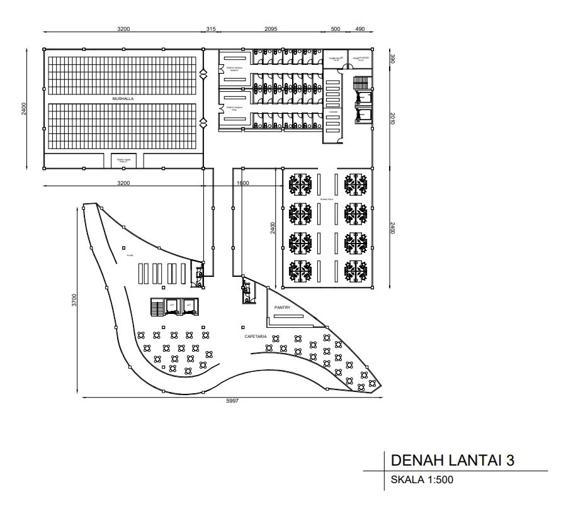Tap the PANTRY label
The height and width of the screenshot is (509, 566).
tap(282, 307)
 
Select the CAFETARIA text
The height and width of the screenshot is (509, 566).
tap(256, 337)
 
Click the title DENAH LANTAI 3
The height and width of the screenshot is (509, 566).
tap(453, 460)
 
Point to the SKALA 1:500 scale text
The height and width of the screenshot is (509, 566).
tap(422, 480)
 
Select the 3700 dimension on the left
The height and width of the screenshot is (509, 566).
tap(74, 300)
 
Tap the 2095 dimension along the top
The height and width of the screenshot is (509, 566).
tap(270, 29)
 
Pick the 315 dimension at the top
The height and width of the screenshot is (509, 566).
tap(211, 29)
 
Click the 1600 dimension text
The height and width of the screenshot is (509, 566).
tap(243, 183)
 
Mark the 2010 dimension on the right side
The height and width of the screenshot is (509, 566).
tap(392, 118)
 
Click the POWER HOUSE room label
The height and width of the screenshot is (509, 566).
tap(361, 59)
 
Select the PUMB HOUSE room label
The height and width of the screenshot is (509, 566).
tap(334, 59)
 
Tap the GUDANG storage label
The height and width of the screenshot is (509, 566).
tap(333, 112)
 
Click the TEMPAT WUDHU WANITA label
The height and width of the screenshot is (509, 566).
tap(235, 70)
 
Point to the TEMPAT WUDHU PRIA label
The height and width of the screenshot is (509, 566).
tap(235, 108)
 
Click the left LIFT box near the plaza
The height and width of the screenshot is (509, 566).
tap(171, 306)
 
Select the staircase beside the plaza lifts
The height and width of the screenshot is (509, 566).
tap(156, 308)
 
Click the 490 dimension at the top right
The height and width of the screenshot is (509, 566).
tap(360, 29)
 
